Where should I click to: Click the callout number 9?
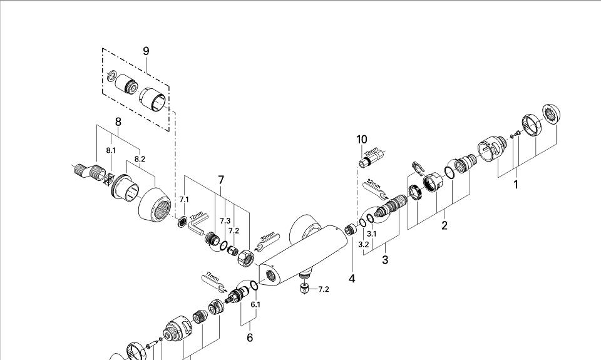(x=146, y=51)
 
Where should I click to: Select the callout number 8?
(x=118, y=121)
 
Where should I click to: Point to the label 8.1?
(x=111, y=150)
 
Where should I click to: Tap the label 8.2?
(x=140, y=159)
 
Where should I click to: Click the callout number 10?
(x=362, y=139)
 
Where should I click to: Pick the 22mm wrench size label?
(x=373, y=185)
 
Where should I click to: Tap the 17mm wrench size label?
(x=212, y=275)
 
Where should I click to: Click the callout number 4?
(x=352, y=279)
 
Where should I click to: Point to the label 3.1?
(x=371, y=234)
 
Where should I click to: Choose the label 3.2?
(x=363, y=244)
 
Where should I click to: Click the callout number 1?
(x=516, y=185)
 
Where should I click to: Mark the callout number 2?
(x=444, y=225)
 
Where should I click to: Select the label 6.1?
(x=255, y=304)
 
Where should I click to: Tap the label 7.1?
(x=184, y=199)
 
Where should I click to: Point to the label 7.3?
(x=225, y=220)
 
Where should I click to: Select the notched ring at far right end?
(x=551, y=114)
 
